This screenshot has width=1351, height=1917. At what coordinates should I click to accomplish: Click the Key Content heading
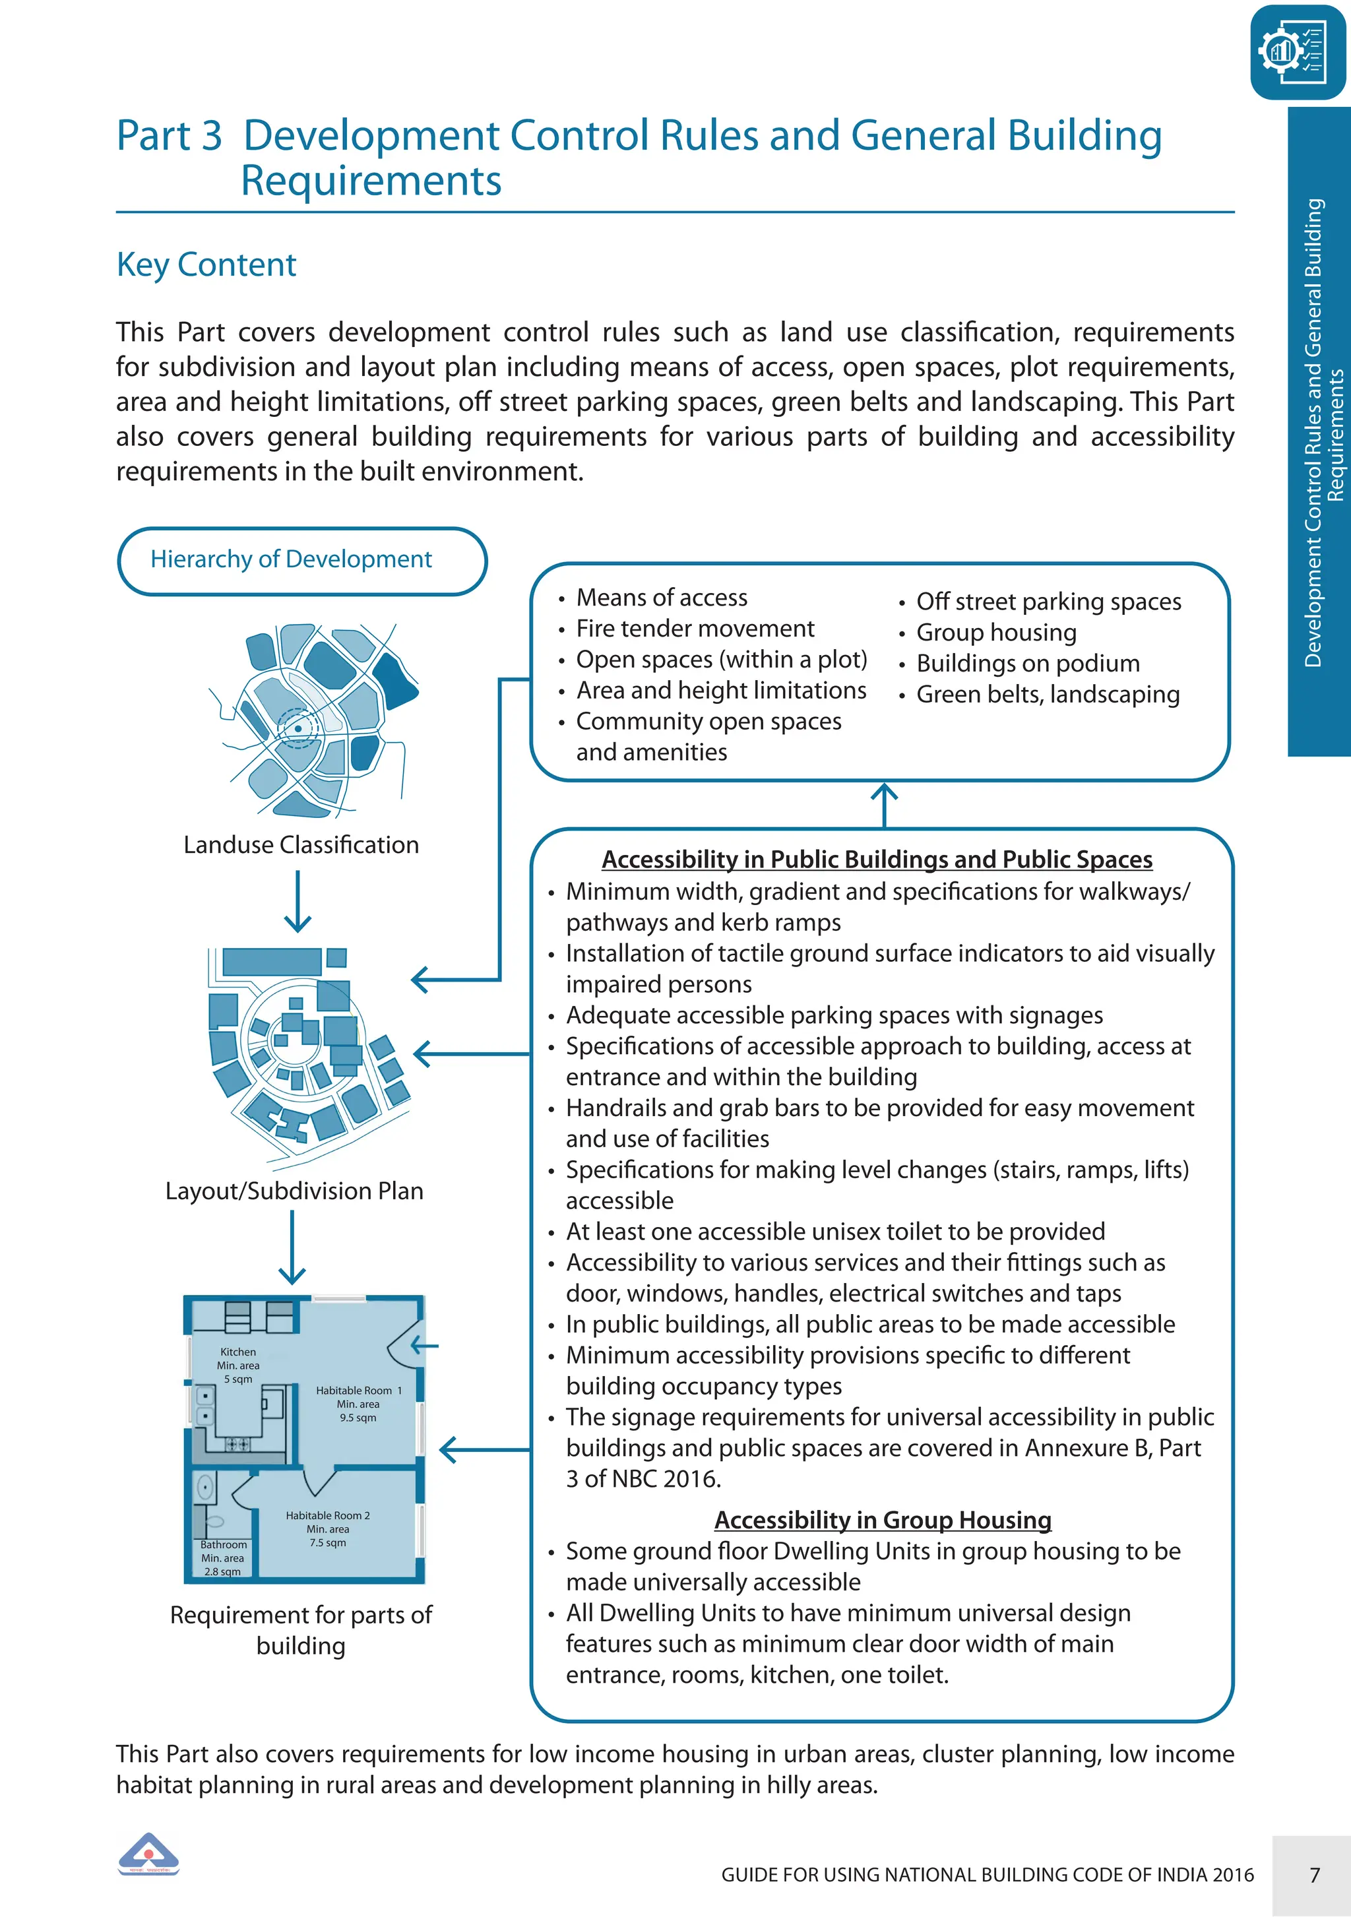[206, 265]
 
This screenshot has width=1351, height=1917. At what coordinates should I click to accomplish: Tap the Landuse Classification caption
[301, 845]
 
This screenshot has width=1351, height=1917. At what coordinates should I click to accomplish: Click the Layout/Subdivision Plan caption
[294, 1191]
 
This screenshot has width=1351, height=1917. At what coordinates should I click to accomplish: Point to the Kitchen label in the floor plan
[238, 1352]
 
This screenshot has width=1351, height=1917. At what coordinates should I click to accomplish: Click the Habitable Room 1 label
[358, 1390]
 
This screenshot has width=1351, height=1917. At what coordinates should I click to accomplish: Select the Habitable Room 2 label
[327, 1515]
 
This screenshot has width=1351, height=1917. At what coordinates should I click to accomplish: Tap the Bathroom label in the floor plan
[223, 1545]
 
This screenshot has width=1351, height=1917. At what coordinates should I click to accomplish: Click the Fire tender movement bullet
[695, 629]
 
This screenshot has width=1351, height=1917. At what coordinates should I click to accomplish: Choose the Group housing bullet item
[996, 633]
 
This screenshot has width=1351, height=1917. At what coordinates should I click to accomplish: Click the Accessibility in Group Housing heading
[883, 1520]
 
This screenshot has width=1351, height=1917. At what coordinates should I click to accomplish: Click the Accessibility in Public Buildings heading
[877, 859]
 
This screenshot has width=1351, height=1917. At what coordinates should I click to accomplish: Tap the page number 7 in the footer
[1314, 1875]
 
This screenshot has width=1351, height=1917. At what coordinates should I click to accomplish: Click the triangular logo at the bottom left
[148, 1854]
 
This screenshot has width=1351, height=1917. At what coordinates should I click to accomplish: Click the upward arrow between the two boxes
[884, 803]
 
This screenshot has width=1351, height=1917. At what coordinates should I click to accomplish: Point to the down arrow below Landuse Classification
[298, 902]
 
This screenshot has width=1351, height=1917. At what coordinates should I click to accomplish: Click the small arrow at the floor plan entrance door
[425, 1345]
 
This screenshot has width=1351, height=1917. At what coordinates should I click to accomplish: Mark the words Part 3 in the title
[170, 136]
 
